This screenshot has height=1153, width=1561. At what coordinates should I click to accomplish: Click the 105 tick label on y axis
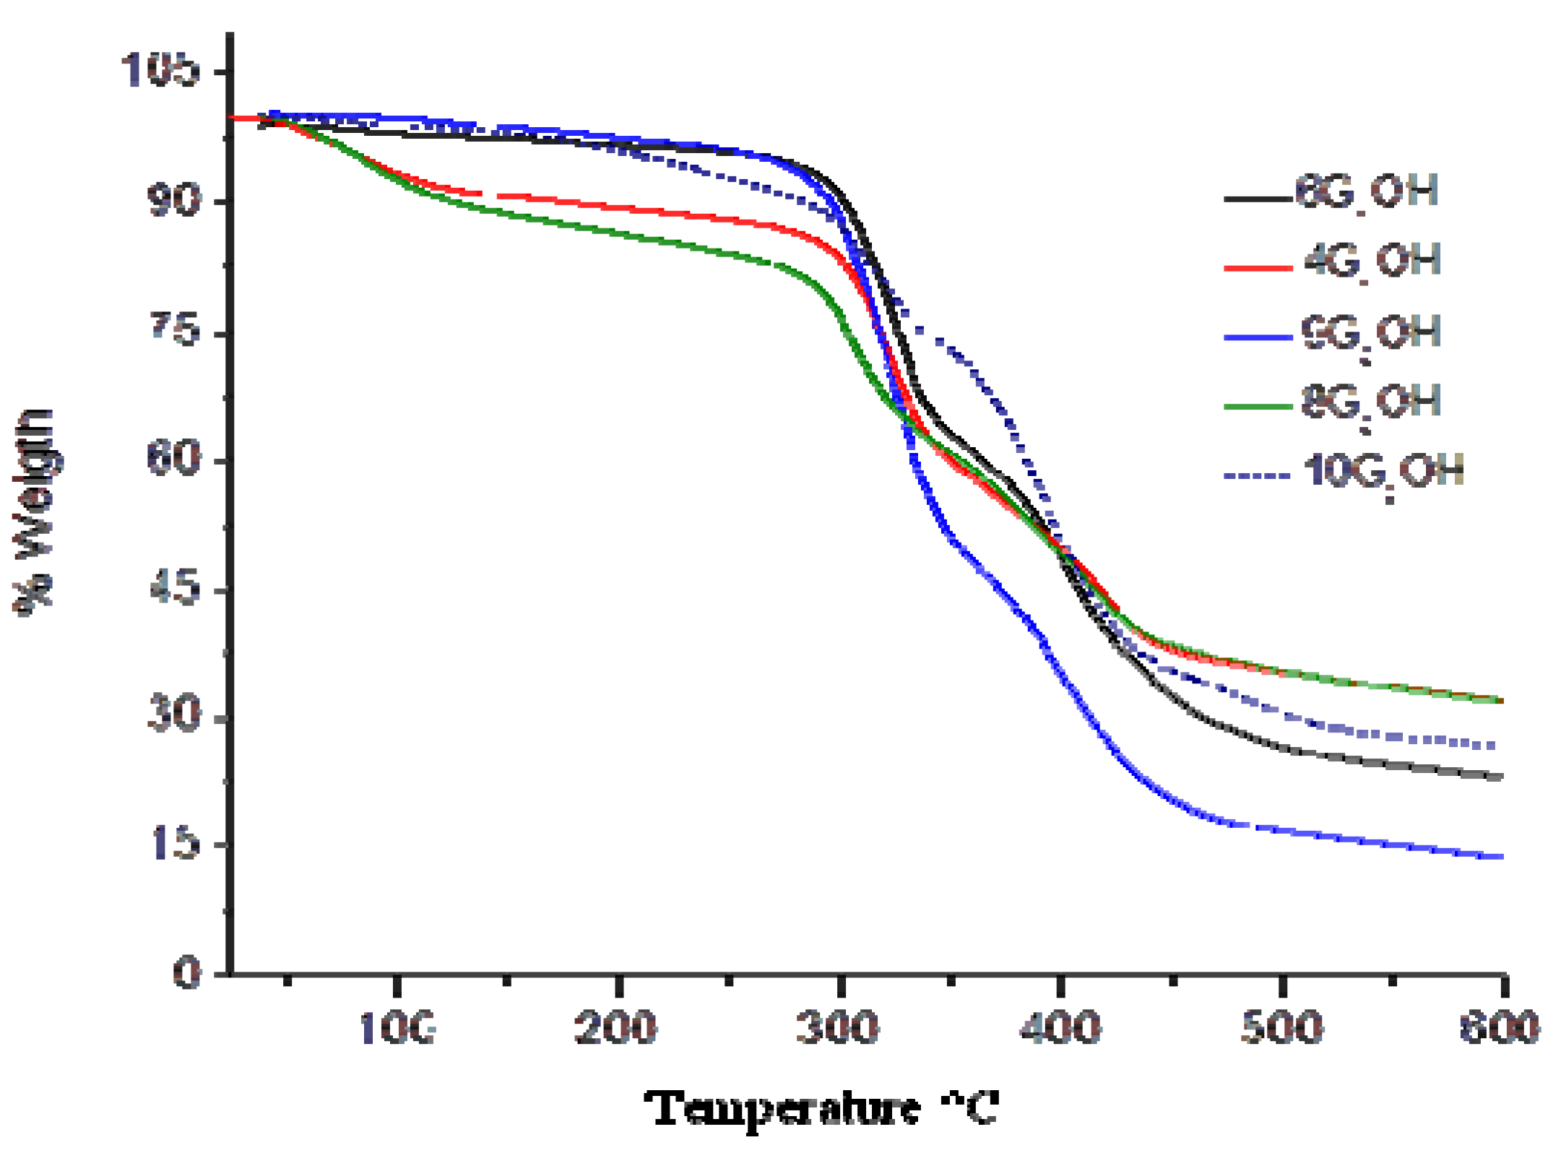[x=160, y=70]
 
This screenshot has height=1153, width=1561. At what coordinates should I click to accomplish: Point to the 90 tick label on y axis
[x=173, y=199]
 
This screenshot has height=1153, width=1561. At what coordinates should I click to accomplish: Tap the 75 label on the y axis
[x=174, y=329]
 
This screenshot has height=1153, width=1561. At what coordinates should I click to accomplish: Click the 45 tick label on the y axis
[x=174, y=587]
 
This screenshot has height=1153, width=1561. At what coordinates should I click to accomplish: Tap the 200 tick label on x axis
[x=616, y=1027]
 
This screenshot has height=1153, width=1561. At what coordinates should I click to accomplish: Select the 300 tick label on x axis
[x=838, y=1027]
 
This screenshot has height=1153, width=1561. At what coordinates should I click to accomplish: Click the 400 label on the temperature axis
[x=1060, y=1027]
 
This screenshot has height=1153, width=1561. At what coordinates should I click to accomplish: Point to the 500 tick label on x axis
[x=1282, y=1027]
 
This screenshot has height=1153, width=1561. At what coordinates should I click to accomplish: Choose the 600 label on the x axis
[x=1500, y=1027]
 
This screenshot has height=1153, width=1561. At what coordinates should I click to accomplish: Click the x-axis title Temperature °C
[x=822, y=1109]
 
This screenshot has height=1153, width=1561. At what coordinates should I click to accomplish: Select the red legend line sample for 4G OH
[x=1258, y=268]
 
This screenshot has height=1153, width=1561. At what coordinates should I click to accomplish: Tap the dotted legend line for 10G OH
[x=1258, y=476]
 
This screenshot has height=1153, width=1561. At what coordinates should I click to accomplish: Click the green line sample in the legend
[x=1258, y=407]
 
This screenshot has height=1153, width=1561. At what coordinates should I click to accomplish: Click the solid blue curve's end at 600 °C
[x=1500, y=857]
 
